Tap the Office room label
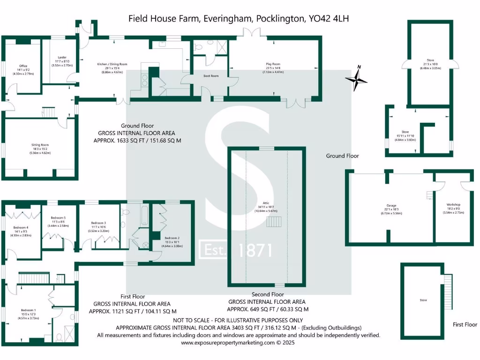[23, 66]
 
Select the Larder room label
[62, 57]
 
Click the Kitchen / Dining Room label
[112, 64]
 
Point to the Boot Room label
[211, 75]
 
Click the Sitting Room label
[40, 145]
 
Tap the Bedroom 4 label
[21, 228]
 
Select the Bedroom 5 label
[58, 218]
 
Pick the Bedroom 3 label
[98, 223]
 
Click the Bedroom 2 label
[172, 238]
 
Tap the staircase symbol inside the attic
[274, 221]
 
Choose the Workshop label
[453, 205]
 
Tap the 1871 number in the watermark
[255, 250]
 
